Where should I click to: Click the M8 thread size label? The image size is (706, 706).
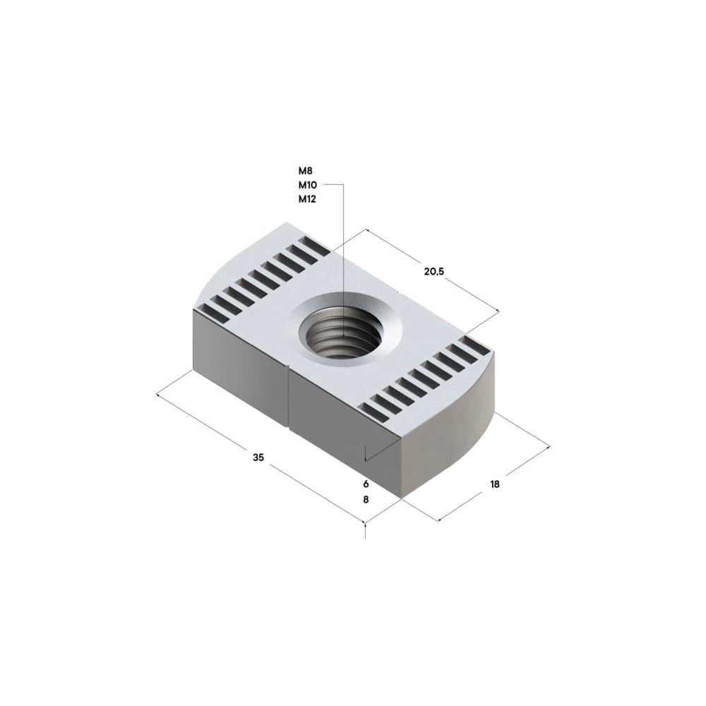[305, 170]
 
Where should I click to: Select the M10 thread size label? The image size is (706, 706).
[307, 185]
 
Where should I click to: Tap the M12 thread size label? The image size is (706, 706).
[307, 199]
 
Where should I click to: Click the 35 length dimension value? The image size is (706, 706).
[258, 457]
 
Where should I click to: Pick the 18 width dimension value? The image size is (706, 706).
[494, 484]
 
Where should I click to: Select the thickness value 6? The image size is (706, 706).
[366, 484]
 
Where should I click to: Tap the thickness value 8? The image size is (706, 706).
[366, 499]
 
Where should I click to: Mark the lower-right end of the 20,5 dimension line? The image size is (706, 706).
[498, 311]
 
